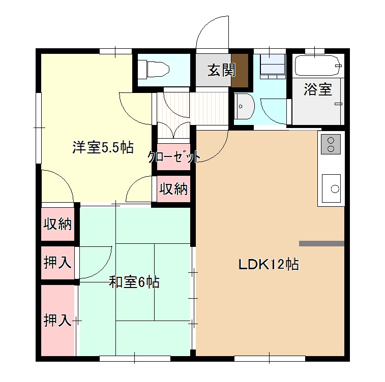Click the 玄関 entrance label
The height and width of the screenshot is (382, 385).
coord(221,70)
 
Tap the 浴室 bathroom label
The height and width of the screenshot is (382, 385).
coord(318,89)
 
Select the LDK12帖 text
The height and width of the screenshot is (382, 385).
coord(269,264)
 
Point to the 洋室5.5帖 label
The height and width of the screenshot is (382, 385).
coord(103,148)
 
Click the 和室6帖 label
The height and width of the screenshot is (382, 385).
coord(134,282)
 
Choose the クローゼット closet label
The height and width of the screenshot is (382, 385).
coord(174,157)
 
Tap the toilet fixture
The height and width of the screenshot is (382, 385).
coord(153,70)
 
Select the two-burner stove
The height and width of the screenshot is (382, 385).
coord(331,144)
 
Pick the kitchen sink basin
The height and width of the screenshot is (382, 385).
coord(331,188)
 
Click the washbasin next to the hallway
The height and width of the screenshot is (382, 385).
coord(244,106)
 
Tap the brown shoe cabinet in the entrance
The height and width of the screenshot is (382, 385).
coord(240,70)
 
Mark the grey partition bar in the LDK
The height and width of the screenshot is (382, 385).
coord(321,243)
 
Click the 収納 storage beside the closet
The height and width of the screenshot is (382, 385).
coord(173,189)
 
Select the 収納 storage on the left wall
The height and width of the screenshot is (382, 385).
coord(57,224)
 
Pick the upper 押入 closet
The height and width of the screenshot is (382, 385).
coord(57,263)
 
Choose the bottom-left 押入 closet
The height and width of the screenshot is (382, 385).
coord(57,320)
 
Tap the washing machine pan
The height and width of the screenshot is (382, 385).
coord(273,67)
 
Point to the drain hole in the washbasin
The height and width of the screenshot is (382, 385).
coord(241,106)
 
